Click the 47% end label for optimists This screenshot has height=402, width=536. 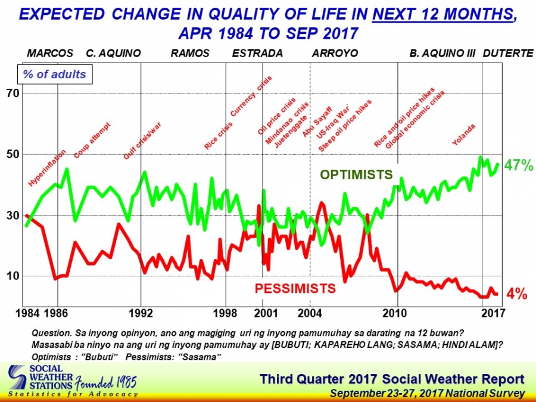point(518,166)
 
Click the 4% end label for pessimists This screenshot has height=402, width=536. point(516,294)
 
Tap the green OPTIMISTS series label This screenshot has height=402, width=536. point(356,174)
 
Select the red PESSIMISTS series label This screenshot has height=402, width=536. point(295,289)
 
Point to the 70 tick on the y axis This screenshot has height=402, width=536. point(13,94)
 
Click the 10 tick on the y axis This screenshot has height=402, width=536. point(13,276)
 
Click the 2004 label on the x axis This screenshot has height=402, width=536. point(309,313)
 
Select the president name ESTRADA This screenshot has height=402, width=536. point(257,54)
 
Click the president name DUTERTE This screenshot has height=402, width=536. point(507,54)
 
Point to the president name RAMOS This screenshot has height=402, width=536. point(190,54)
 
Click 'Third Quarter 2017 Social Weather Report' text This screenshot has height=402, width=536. point(392,379)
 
